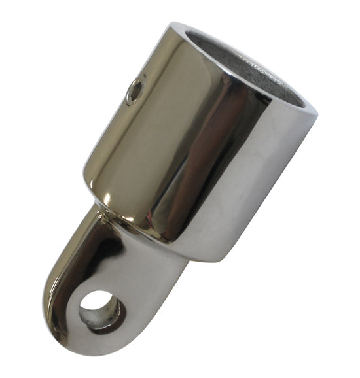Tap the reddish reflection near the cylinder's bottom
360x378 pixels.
click(190, 216)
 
